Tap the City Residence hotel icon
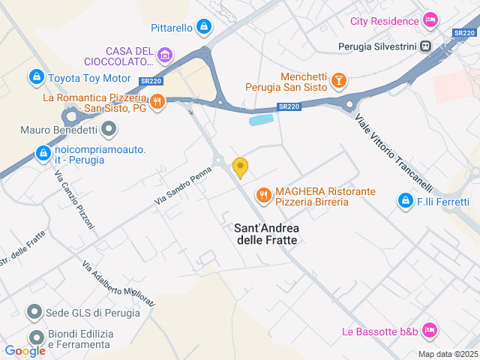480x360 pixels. pyautogui.click(x=430, y=19)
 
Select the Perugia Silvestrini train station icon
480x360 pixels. pyautogui.click(x=426, y=46)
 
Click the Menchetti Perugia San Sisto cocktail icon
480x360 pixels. pyautogui.click(x=339, y=79)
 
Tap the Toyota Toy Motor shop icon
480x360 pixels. pyautogui.click(x=35, y=76)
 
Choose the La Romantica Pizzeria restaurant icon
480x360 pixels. pyautogui.click(x=157, y=102)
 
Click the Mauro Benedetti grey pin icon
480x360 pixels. pyautogui.click(x=109, y=130)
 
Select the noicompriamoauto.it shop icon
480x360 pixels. pyautogui.click(x=43, y=154)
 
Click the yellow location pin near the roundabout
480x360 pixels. pyautogui.click(x=240, y=167)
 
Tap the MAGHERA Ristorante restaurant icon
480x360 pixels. pyautogui.click(x=262, y=196)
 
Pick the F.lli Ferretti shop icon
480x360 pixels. pyautogui.click(x=406, y=201)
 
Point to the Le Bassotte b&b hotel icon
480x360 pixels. pyautogui.click(x=430, y=330)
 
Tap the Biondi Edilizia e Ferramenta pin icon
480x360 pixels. pyautogui.click(x=34, y=338)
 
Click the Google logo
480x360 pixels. pyautogui.click(x=25, y=350)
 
